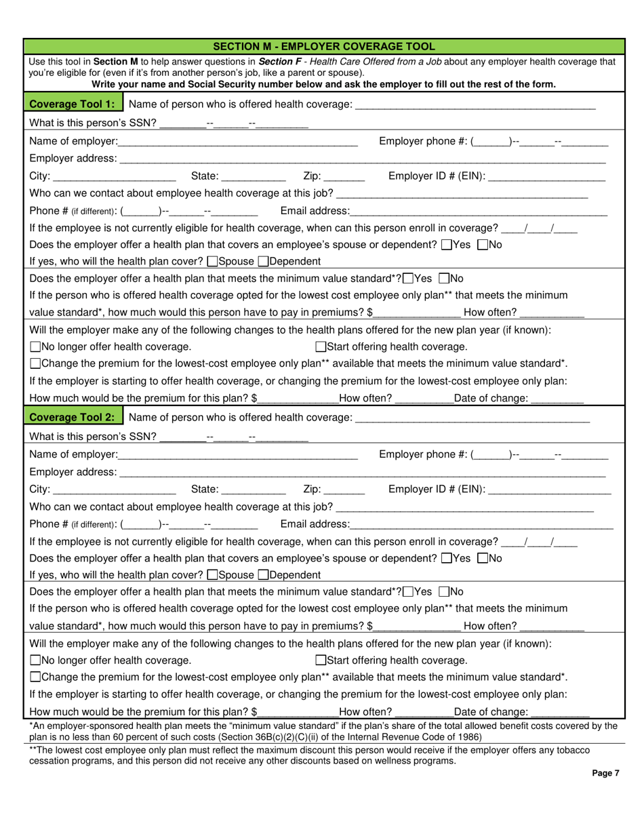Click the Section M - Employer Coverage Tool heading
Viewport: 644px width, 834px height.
pos(324,46)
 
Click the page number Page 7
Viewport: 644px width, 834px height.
pos(605,772)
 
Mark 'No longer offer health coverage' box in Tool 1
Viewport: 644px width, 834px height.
pos(35,346)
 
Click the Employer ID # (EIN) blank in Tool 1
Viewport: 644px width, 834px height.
pos(546,176)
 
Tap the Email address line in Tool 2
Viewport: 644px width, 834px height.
pos(481,523)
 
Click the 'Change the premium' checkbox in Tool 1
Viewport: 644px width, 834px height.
pos(35,363)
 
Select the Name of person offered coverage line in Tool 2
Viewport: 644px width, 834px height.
pos(472,416)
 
